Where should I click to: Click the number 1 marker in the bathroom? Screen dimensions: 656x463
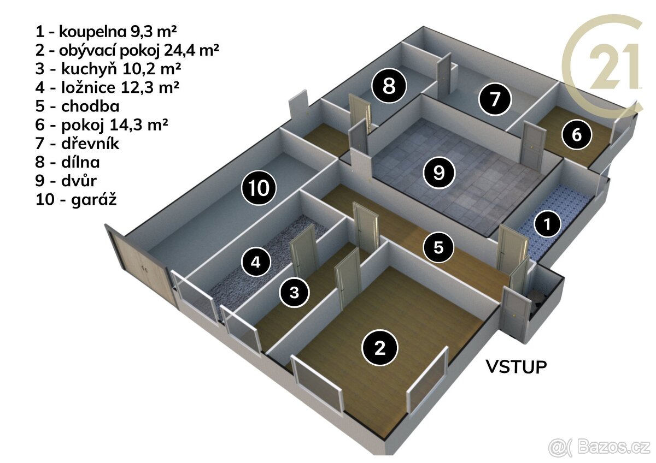(x=547, y=224)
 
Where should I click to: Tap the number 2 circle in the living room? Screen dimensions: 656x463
(x=380, y=348)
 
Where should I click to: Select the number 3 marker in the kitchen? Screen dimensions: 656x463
(x=294, y=293)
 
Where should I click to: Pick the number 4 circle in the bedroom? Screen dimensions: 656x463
(x=256, y=262)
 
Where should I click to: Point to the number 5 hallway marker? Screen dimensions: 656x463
(x=438, y=247)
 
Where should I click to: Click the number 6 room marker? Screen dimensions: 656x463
(x=577, y=135)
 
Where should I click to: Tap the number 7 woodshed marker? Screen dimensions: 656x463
(x=495, y=99)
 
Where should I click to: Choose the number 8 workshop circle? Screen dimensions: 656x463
(x=389, y=86)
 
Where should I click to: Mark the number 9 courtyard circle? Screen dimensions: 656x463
(x=438, y=173)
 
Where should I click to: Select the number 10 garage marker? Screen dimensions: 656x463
(x=259, y=188)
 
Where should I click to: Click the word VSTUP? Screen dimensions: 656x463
(x=516, y=367)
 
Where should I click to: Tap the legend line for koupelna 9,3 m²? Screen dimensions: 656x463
(x=106, y=31)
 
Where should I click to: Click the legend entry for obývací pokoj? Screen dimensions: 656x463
(x=127, y=50)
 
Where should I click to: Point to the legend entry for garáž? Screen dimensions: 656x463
(x=76, y=200)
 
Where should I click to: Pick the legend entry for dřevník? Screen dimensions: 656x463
(x=77, y=143)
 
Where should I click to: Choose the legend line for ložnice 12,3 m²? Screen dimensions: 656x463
(x=107, y=87)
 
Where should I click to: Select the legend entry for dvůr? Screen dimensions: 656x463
(x=66, y=181)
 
